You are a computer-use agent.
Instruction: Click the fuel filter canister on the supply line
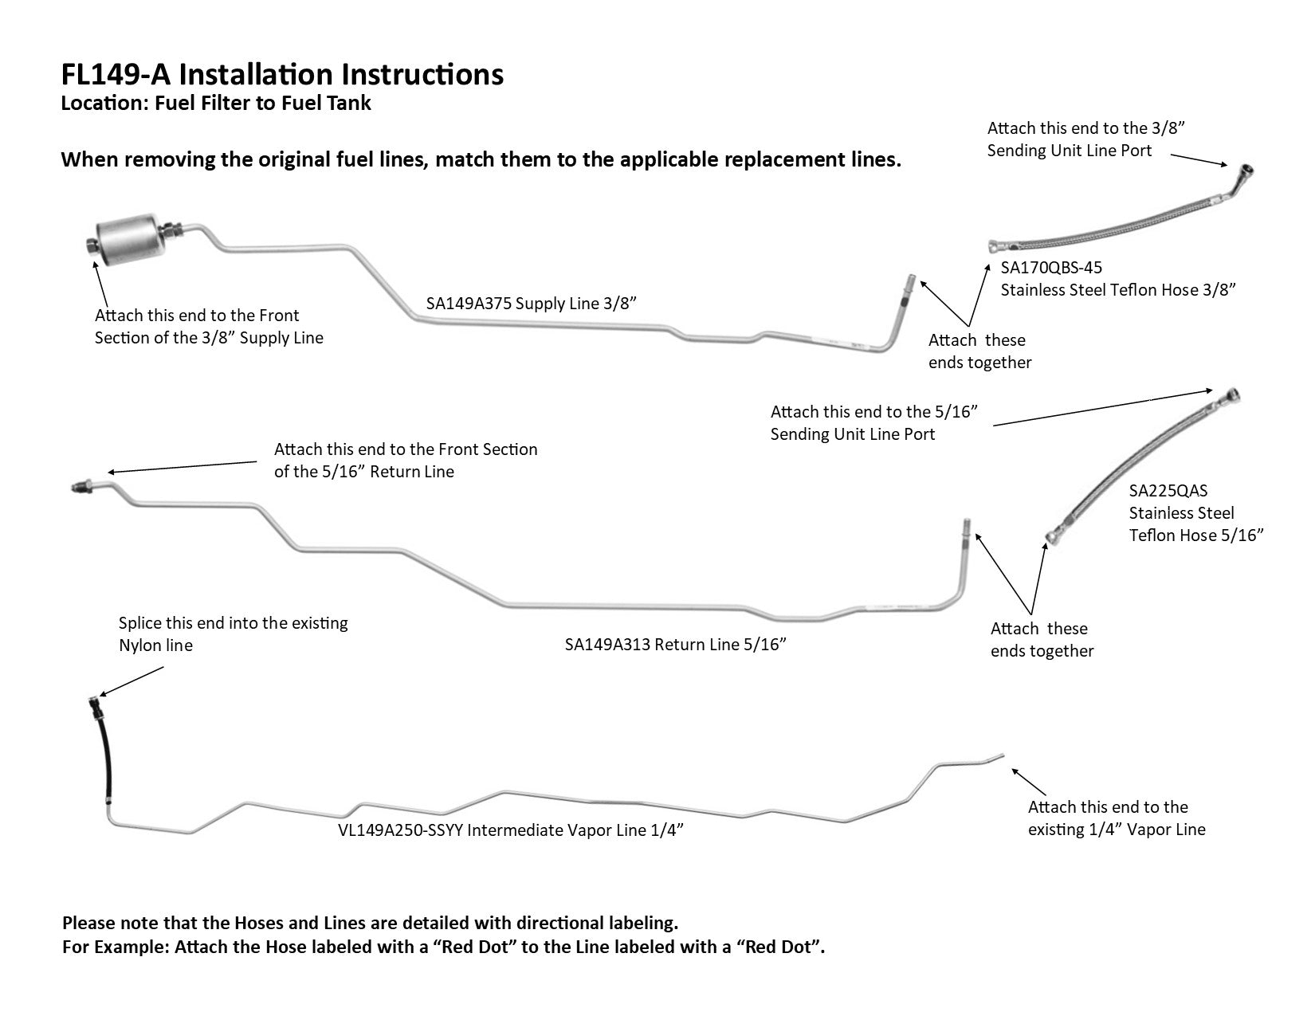click(128, 235)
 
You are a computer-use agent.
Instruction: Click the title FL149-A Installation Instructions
click(282, 74)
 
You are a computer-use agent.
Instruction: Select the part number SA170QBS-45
click(1051, 268)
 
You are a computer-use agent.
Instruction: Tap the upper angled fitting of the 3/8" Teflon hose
click(1241, 173)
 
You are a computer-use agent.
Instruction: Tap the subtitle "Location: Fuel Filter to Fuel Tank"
click(216, 103)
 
